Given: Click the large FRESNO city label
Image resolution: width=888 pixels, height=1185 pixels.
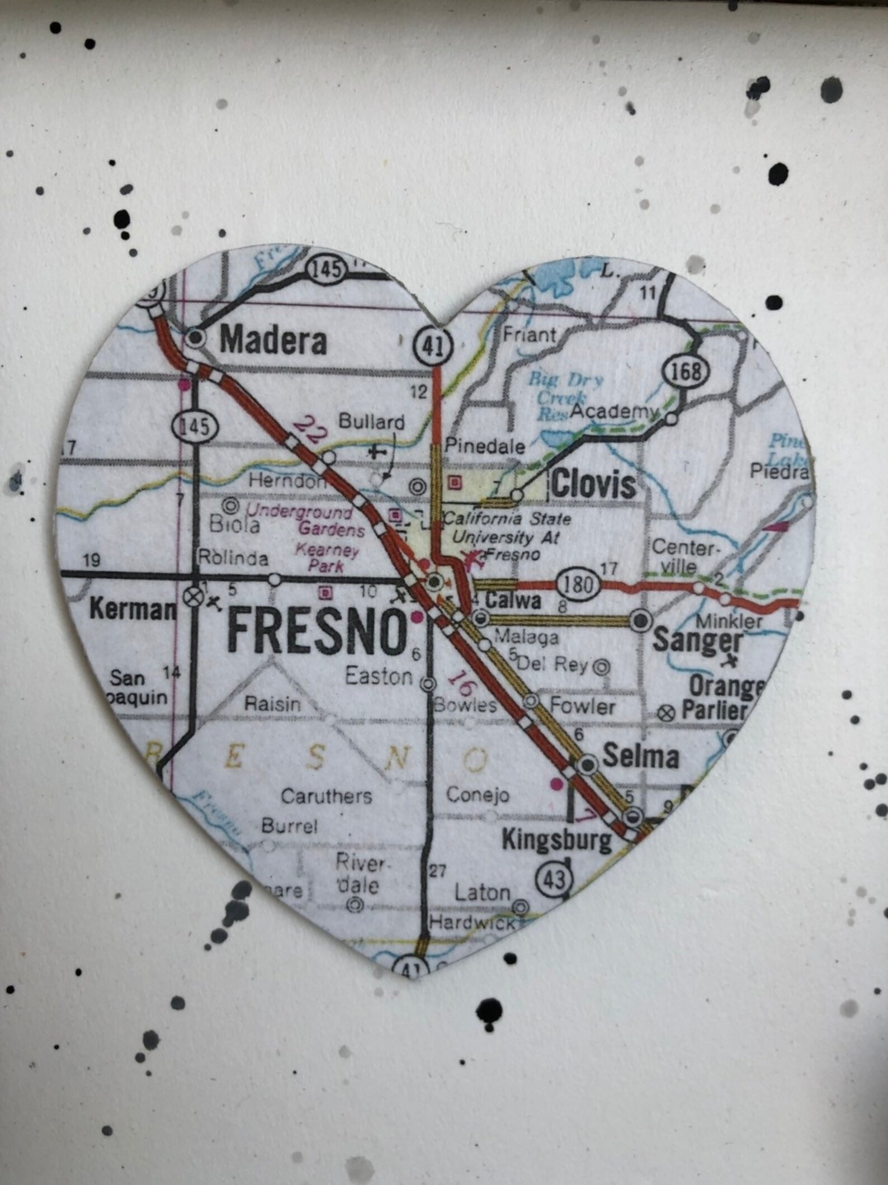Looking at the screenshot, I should coord(317,632).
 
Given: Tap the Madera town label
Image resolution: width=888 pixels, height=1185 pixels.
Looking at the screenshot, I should coord(273,341).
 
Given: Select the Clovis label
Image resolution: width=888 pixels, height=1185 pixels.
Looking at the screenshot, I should coord(594,484).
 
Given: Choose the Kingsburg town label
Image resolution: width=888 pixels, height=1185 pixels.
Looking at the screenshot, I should coord(557,839).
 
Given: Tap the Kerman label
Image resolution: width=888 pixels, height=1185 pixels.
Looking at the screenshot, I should coord(133,608).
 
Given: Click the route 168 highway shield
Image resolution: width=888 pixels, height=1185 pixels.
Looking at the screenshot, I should coord(686,371).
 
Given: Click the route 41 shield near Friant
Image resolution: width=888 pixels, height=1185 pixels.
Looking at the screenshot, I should coord(434,347).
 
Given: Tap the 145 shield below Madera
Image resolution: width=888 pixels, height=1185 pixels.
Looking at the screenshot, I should coord(195,427).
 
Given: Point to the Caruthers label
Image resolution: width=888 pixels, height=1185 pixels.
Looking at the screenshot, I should coord(326,796).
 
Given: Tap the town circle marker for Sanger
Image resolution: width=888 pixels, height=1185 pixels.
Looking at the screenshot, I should coord(641,621).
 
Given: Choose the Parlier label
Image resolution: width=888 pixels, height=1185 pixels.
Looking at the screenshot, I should coord(714,711).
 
